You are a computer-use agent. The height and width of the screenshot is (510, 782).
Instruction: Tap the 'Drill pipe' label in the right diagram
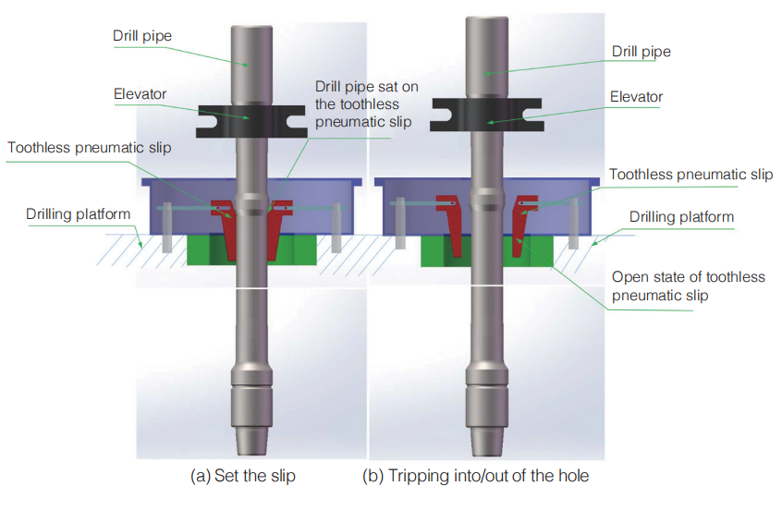(641, 52)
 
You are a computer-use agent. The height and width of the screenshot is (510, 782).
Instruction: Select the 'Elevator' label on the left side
(140, 93)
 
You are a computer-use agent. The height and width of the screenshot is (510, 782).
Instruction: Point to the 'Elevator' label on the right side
(636, 96)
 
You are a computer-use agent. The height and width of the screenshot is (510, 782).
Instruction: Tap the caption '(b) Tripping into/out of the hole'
(475, 477)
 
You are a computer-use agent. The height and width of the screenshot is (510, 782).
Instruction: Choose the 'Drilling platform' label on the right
(681, 217)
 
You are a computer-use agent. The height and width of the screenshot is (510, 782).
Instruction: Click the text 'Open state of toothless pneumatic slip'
(689, 285)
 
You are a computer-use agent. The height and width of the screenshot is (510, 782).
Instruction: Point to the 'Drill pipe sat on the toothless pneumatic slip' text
(366, 103)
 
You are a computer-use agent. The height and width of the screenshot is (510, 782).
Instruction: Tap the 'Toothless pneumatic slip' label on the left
(90, 147)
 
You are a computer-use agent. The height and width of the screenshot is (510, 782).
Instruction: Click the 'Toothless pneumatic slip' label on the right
(690, 174)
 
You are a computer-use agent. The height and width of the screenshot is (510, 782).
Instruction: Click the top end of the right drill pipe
(485, 21)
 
